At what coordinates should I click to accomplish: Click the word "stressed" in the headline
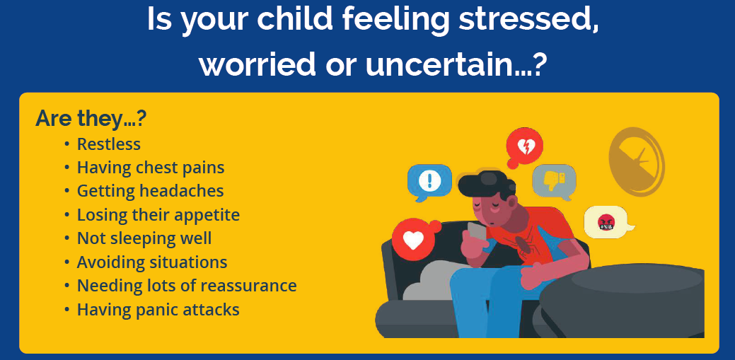(529, 19)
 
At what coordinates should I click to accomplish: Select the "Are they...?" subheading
(91, 119)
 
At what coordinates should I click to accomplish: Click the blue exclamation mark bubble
(429, 182)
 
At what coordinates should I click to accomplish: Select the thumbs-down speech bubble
(555, 182)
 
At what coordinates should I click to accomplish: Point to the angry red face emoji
(606, 221)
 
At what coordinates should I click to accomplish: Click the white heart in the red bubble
(413, 240)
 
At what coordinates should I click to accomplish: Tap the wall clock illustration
(637, 162)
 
